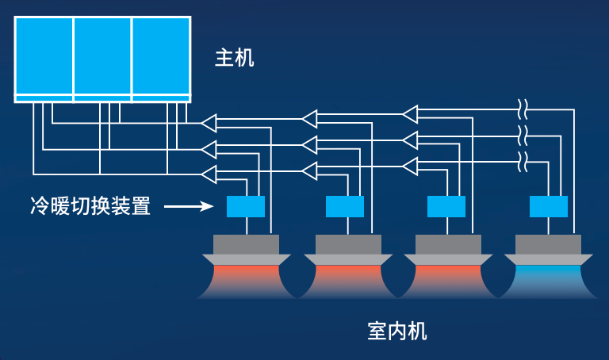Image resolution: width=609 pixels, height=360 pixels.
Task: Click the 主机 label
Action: click(x=235, y=58)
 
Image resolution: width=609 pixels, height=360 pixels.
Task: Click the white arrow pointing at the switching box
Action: click(x=190, y=208)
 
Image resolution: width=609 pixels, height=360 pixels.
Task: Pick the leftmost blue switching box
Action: click(x=246, y=206)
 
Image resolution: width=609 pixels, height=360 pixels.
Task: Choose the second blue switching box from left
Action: click(x=345, y=206)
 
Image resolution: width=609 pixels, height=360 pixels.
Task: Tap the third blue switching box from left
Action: click(x=446, y=206)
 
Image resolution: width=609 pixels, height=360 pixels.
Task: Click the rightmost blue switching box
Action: click(x=548, y=206)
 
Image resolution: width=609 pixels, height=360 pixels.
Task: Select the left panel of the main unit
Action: click(x=44, y=54)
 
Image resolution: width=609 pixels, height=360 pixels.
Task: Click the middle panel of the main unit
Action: click(x=102, y=54)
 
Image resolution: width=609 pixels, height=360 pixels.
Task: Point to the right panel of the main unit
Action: click(x=161, y=54)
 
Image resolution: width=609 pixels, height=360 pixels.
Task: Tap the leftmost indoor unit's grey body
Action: click(x=246, y=244)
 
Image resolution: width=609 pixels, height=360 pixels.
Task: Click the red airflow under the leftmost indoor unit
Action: click(x=246, y=278)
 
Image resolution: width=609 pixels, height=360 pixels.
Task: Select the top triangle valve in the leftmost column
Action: click(x=209, y=122)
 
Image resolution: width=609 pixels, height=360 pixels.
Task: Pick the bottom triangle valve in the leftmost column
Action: click(x=209, y=174)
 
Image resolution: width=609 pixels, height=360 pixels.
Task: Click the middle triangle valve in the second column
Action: click(x=309, y=145)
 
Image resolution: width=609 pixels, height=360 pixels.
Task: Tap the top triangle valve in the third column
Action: click(x=410, y=114)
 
